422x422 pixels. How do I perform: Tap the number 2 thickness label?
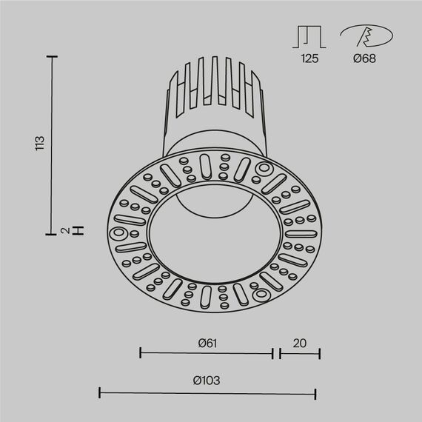coord(66,231)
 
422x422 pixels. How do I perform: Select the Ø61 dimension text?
coord(207,343)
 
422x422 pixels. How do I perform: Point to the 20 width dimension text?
coord(299,343)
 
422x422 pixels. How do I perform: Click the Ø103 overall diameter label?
coord(207,381)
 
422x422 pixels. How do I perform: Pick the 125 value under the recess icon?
coord(309,58)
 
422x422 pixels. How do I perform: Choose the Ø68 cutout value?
coord(364,58)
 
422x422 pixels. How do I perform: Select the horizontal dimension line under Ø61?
coord(207,354)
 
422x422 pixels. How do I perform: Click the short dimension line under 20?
coord(300,354)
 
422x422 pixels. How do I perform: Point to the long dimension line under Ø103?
coord(208,392)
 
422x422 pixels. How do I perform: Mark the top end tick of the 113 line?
coord(53,56)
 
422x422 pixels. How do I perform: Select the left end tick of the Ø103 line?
coord(100,392)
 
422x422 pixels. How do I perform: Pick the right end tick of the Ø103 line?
coord(316,392)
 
